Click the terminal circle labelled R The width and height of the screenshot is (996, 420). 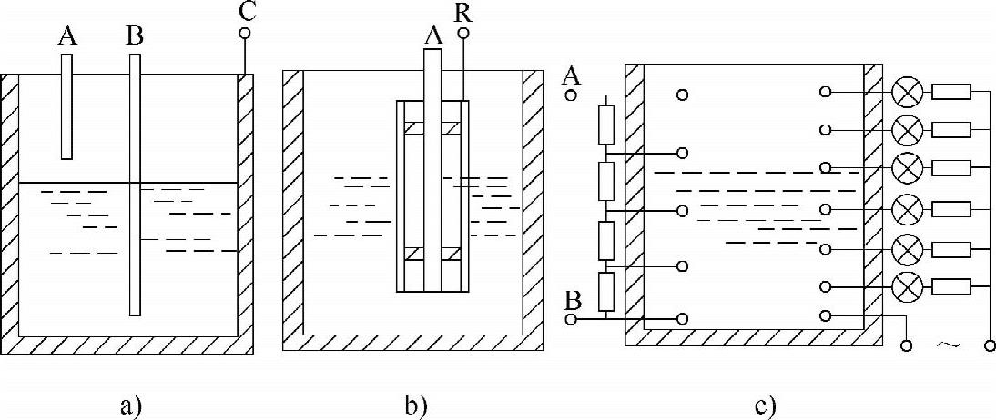click(463, 35)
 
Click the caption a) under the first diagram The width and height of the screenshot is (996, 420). click(132, 404)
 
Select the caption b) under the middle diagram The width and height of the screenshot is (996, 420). click(414, 404)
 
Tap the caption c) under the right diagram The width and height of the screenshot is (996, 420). click(765, 404)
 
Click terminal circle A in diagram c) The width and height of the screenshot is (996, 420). click(572, 94)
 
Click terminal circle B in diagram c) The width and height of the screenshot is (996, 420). click(572, 319)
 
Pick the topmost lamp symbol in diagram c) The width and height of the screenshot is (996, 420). click(907, 92)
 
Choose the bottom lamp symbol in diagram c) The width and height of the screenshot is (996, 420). click(907, 287)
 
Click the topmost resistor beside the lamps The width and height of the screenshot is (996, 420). click(952, 92)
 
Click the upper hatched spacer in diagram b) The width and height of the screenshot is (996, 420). click(432, 128)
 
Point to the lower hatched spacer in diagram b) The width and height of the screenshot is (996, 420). click(432, 255)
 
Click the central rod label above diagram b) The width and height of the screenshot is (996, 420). click(432, 35)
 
